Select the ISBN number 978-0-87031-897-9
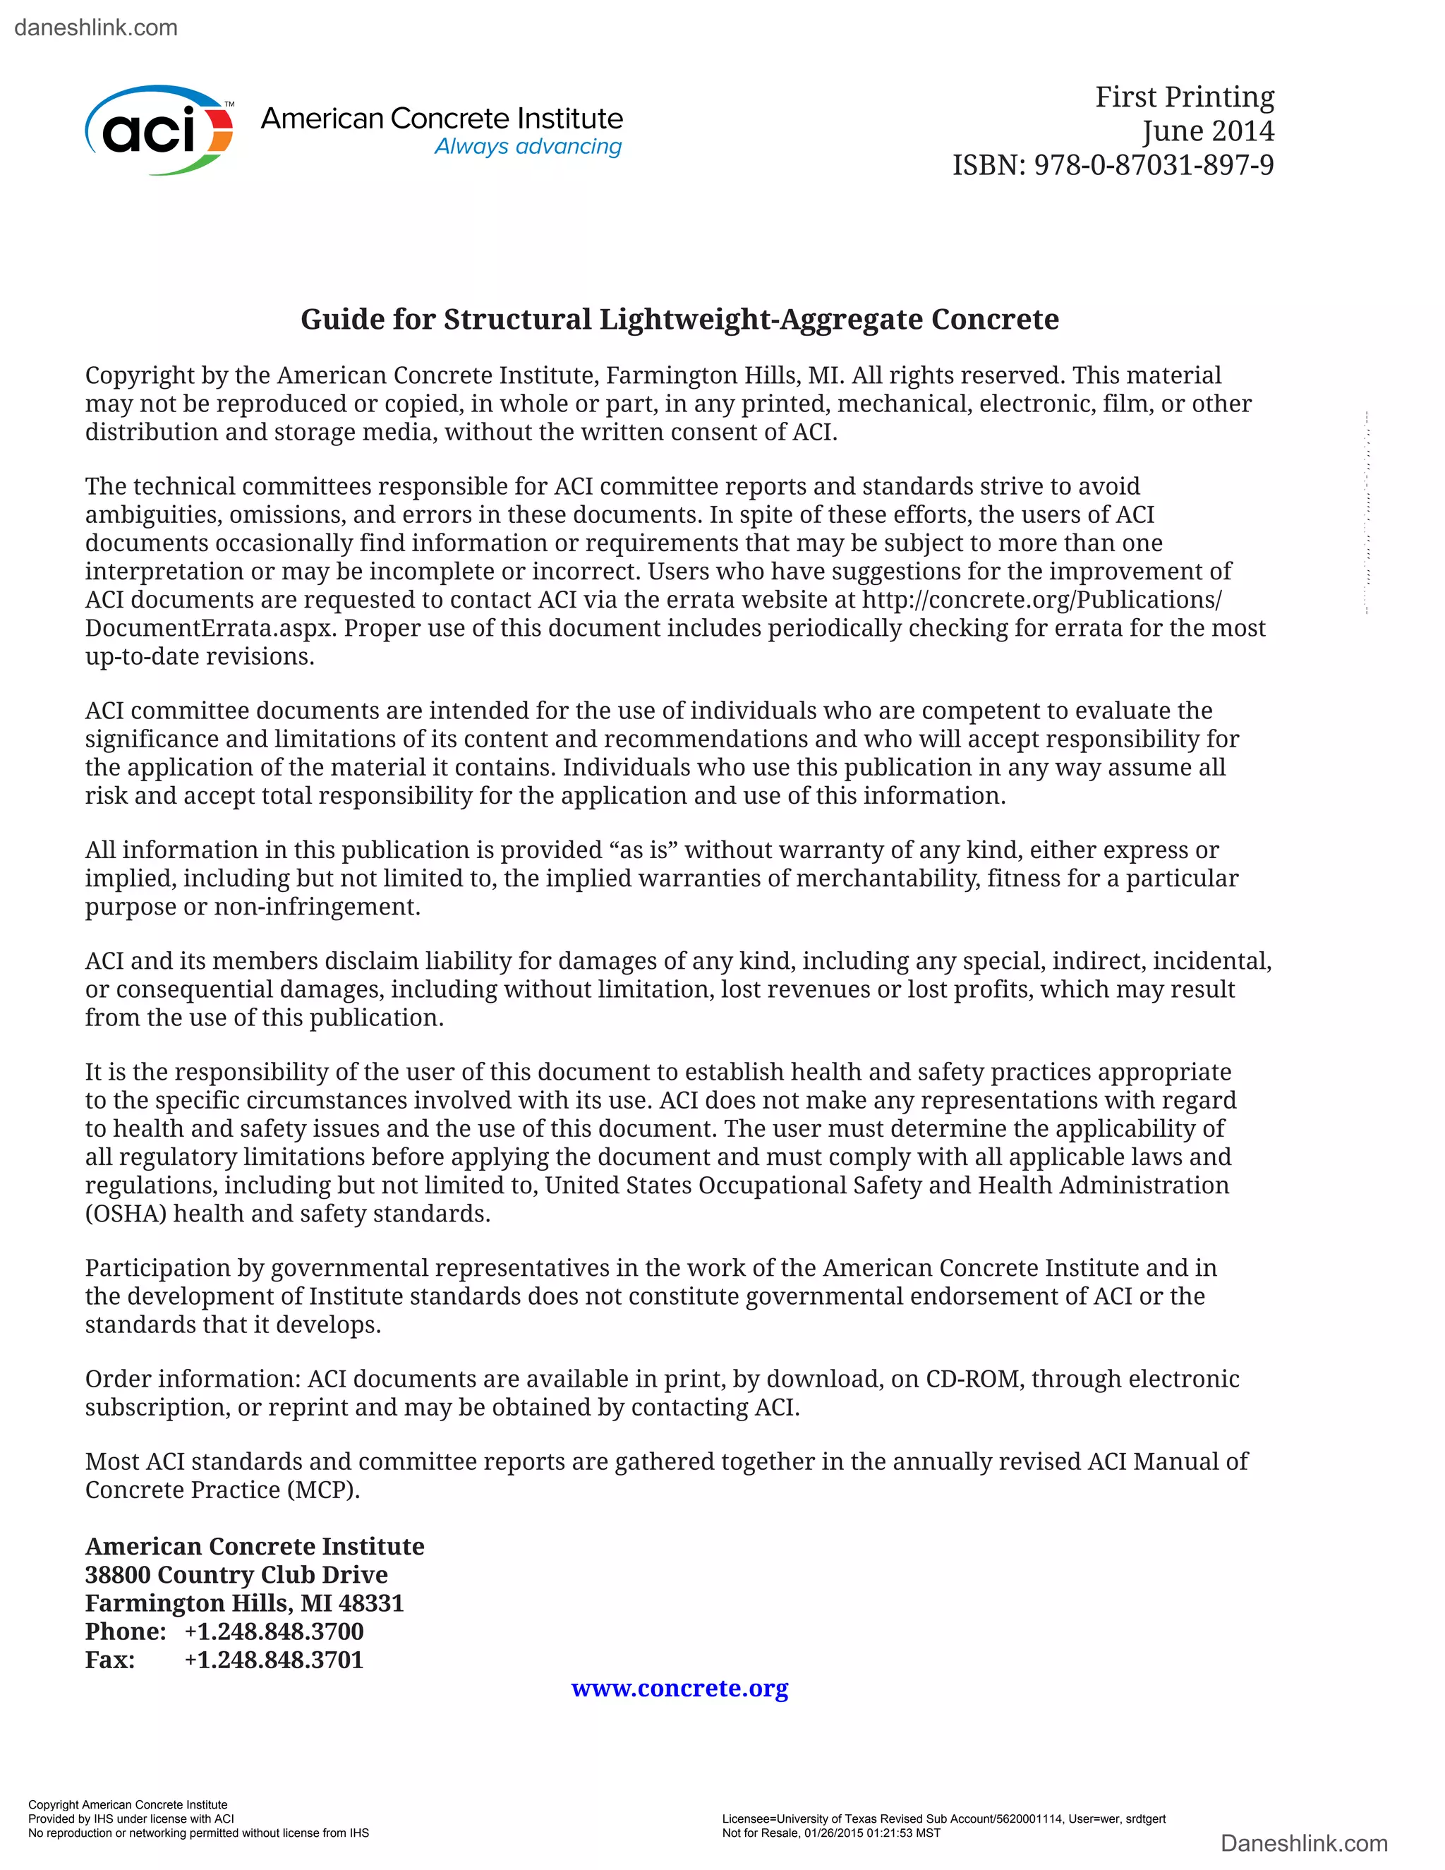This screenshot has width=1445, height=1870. coord(1153,164)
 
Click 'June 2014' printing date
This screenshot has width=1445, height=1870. coord(1207,131)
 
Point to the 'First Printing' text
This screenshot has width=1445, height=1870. coord(1184,97)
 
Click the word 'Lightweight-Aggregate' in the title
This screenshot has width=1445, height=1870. coord(761,320)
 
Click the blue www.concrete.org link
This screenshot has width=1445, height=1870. coord(679,1688)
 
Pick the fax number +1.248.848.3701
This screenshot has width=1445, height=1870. coord(274,1660)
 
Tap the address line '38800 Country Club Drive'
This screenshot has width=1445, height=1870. coord(236,1574)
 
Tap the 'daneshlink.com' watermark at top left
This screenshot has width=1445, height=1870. coord(96,28)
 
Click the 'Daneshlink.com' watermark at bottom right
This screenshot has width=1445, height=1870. coord(1304,1843)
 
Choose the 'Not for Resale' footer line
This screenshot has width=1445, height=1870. coord(830,1833)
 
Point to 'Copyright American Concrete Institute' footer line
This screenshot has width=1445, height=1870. coord(128,1804)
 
